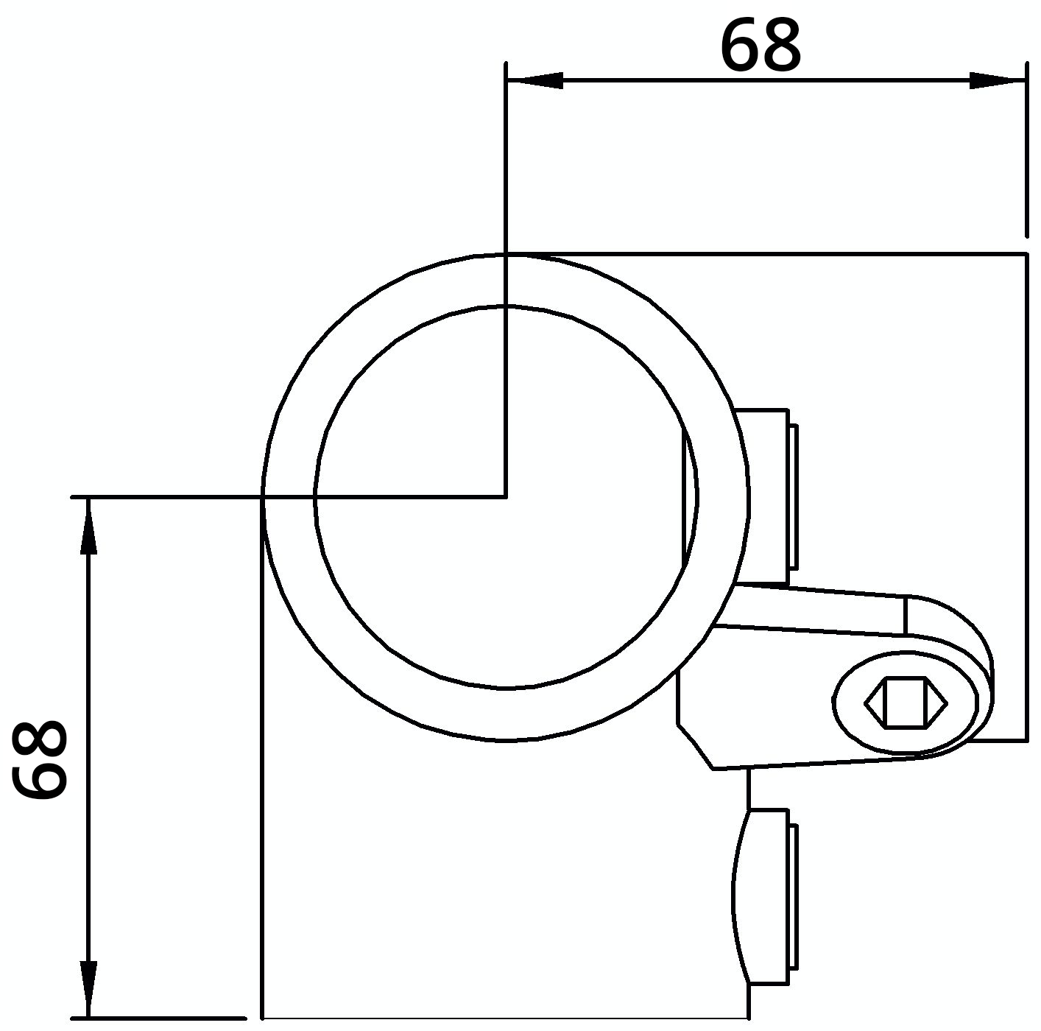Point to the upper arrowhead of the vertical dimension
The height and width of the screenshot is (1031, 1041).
(88, 526)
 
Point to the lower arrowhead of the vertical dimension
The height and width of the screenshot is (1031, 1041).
(88, 990)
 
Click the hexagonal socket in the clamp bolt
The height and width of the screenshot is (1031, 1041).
(905, 703)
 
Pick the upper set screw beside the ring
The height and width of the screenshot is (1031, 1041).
(763, 498)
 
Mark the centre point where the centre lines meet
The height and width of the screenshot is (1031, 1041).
(506, 497)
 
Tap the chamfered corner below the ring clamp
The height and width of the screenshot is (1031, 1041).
(695, 746)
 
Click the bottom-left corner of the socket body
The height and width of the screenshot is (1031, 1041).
(263, 1018)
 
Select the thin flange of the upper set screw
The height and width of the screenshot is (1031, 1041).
(794, 498)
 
